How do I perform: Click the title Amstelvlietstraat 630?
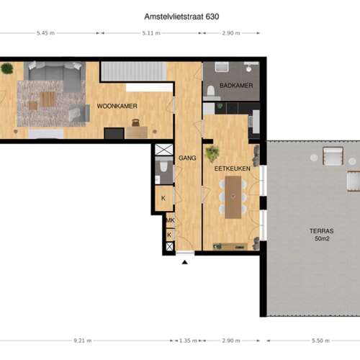pos(181,17)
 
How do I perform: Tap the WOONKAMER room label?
pos(117,106)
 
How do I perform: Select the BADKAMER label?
pos(236,85)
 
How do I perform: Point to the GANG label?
pos(187,158)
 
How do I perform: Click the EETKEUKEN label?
pos(232,168)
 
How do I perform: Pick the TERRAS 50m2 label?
pos(322,235)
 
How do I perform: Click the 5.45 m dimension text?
pos(45,33)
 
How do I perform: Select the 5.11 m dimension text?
pos(151,33)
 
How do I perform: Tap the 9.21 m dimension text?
pos(83,341)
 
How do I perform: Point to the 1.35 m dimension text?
pos(188,341)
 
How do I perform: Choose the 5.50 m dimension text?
pos(320,341)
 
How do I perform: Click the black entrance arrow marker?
pos(184,262)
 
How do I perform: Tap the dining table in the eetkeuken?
pos(233,197)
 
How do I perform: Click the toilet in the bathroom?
pos(211,91)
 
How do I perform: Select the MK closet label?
pos(170,220)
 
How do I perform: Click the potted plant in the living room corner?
pos(7,68)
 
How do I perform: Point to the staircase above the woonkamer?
pos(134,71)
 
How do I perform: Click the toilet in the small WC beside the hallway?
pos(163,166)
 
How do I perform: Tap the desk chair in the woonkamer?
pos(136,122)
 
